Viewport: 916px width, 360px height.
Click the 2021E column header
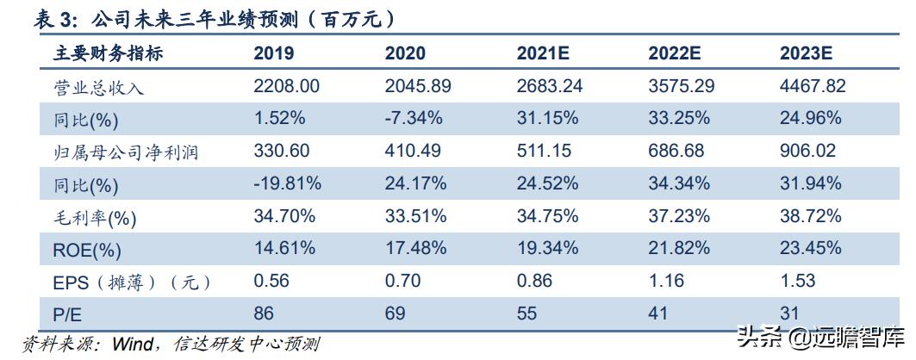tap(543, 53)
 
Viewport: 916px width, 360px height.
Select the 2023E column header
tap(806, 53)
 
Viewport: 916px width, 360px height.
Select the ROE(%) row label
tap(87, 250)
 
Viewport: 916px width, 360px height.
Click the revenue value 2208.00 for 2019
tap(287, 86)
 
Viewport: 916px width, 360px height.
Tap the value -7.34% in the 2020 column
tap(414, 118)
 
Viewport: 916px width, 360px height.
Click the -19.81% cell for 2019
tap(288, 183)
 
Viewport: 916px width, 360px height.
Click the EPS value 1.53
tap(797, 282)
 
